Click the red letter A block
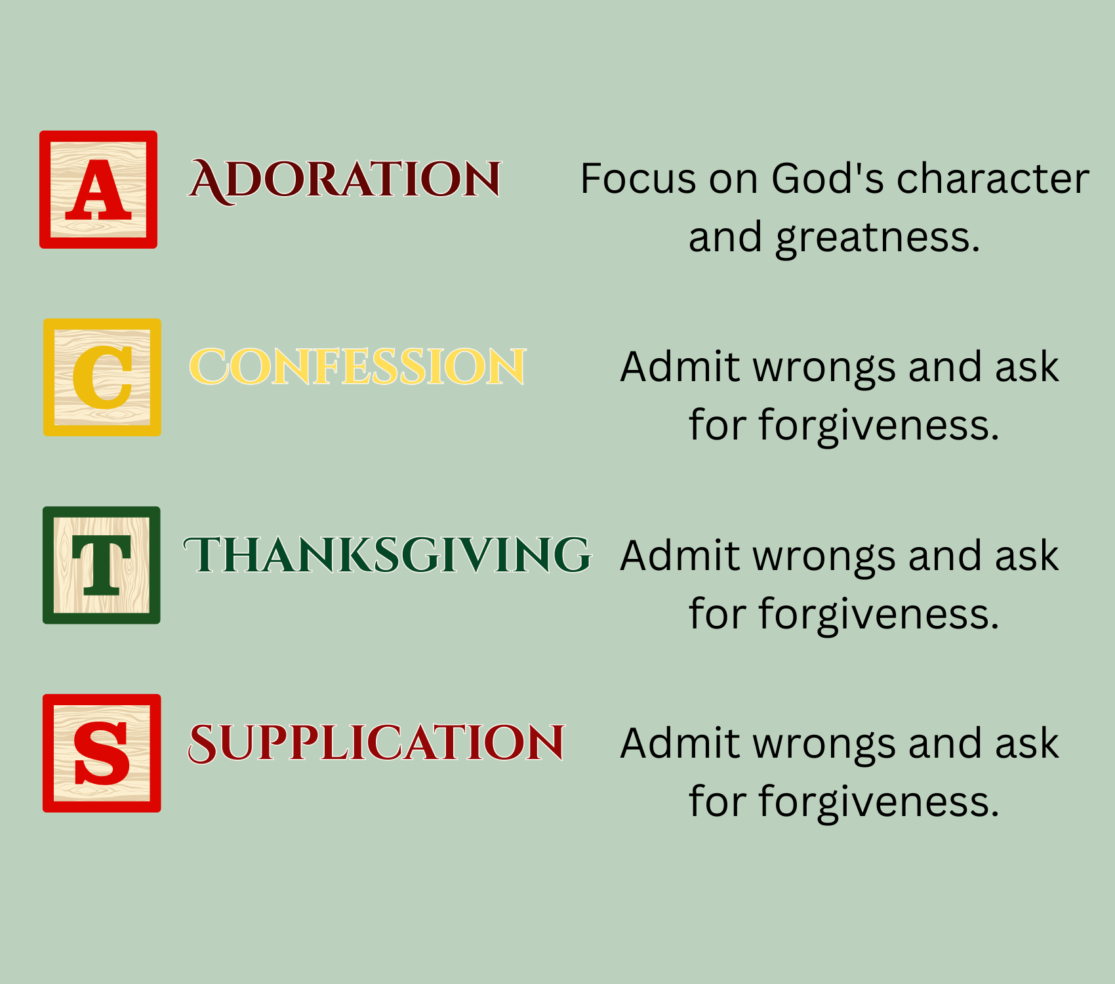coord(98,190)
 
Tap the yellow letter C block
coord(102,377)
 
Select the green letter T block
coord(102,565)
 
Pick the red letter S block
coord(102,753)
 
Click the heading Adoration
coord(345,180)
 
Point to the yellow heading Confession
coord(357,366)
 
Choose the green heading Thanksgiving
coord(388,555)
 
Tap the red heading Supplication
coord(376,743)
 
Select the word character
coord(993,178)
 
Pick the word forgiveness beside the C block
coord(879,425)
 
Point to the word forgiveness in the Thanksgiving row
coord(879,613)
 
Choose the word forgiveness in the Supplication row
coord(879,802)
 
